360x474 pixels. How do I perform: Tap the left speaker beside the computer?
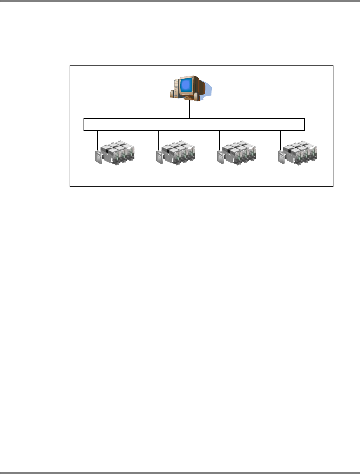(173, 94)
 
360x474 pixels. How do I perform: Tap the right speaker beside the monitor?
(196, 96)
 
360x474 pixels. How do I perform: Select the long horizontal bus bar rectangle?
(194, 125)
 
